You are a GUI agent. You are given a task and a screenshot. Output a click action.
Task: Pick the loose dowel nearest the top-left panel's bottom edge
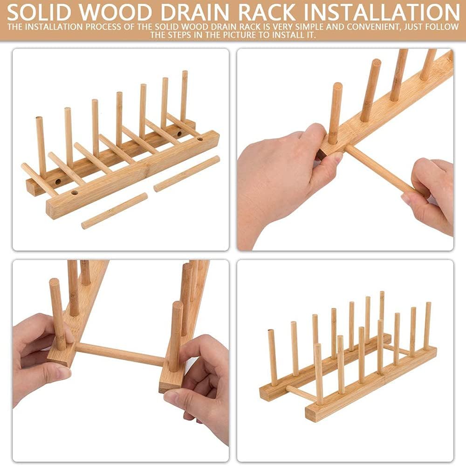(x=114, y=211)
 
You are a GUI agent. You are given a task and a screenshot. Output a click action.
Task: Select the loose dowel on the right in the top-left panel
(x=186, y=173)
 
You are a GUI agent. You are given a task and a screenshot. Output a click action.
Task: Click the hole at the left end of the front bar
(x=75, y=192)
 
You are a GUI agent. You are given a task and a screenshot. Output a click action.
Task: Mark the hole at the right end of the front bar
(x=199, y=138)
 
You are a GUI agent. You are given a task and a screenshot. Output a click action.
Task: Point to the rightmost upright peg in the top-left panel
(x=184, y=96)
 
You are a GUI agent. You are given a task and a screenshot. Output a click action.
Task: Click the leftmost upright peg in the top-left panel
(x=41, y=144)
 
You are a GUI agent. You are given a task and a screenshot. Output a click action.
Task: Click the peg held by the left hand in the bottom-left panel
(x=57, y=312)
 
